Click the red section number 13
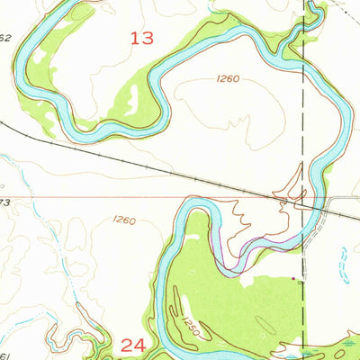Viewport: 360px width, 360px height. (141, 38)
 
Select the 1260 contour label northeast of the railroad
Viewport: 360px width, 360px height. (227, 79)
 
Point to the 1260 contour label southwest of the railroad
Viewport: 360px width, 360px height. (124, 220)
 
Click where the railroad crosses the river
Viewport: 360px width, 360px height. (310, 203)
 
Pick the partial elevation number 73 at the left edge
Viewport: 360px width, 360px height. (4, 203)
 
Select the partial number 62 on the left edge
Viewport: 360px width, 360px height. (4, 38)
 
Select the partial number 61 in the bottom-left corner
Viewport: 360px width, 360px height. (4, 355)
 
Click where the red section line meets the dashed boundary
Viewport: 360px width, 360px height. (302, 196)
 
